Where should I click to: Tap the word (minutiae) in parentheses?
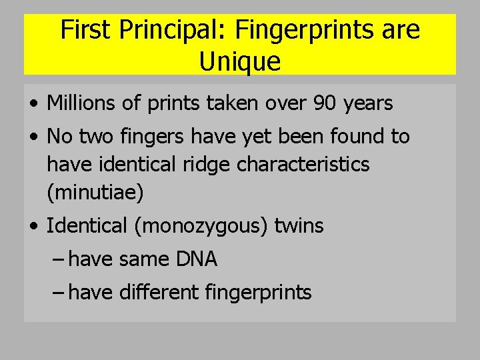click(95, 193)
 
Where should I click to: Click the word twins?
click(298, 227)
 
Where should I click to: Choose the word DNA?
click(197, 259)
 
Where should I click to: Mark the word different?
click(150, 292)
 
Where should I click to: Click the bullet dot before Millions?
click(33, 104)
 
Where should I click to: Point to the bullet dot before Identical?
click(33, 227)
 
